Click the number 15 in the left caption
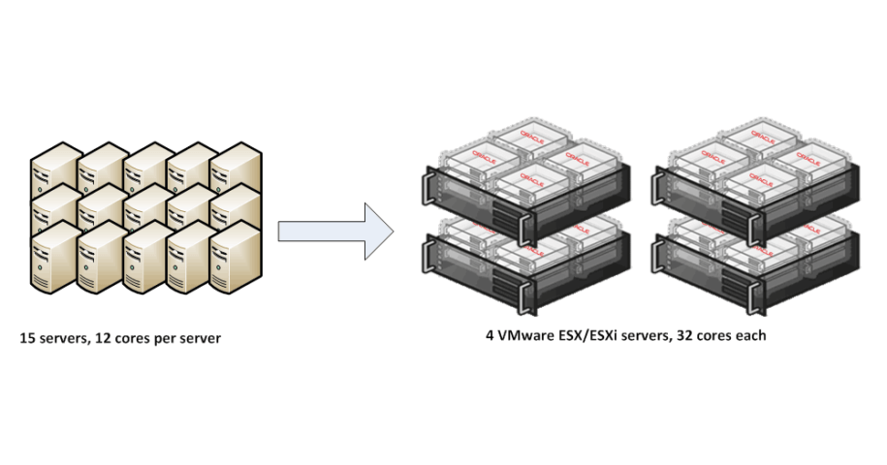27,340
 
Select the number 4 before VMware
490,335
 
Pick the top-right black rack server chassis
756,194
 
